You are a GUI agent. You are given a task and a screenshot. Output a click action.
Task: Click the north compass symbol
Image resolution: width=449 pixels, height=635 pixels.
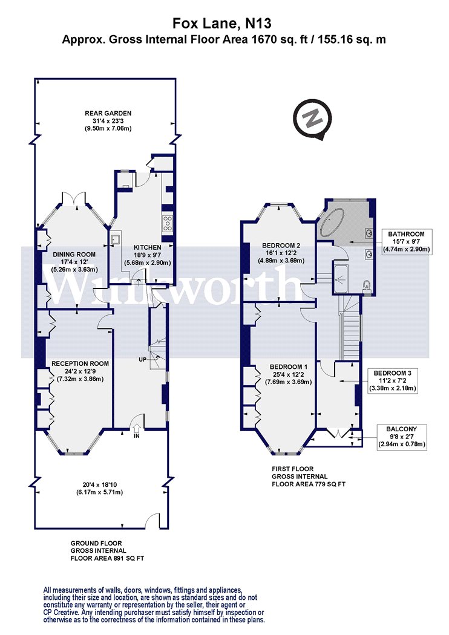click(312, 120)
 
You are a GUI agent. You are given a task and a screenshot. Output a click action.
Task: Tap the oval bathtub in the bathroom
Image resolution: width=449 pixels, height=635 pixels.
click(332, 223)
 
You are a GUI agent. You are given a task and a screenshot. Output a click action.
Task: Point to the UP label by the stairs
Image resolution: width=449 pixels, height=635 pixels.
click(143, 360)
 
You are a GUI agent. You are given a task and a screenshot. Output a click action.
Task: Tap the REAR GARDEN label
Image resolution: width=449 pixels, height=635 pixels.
click(108, 114)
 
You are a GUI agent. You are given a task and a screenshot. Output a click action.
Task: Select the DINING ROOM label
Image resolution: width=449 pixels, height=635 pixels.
click(74, 255)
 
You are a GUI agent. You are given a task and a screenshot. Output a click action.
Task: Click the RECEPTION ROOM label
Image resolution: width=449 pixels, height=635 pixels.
click(80, 363)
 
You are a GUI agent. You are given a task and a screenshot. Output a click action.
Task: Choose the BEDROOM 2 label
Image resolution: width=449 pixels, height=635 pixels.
click(281, 246)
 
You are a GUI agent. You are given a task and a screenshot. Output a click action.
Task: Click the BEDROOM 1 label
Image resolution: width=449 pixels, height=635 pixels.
click(289, 367)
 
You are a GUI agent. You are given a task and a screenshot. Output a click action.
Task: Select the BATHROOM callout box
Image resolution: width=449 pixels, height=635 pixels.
click(406, 242)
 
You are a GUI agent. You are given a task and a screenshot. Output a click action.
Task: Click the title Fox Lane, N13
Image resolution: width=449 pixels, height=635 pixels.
click(222, 23)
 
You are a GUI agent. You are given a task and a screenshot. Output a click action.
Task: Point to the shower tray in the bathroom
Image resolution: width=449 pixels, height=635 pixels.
click(341, 278)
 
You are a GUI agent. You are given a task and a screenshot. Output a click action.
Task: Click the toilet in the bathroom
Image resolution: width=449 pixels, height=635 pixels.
click(367, 286)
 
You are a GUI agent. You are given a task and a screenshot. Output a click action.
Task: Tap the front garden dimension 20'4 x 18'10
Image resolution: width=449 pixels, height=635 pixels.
click(99, 485)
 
